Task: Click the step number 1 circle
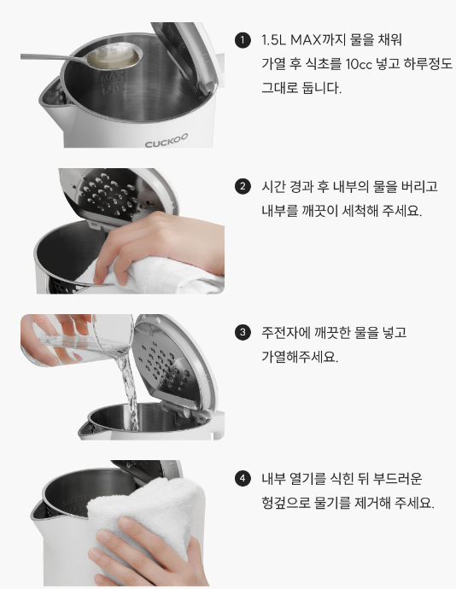pyautogui.click(x=243, y=40)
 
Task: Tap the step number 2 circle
pyautogui.click(x=243, y=186)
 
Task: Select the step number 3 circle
pyautogui.click(x=243, y=332)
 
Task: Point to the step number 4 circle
pyautogui.click(x=243, y=479)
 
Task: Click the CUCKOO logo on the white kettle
pyautogui.click(x=167, y=141)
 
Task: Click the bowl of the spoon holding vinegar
pyautogui.click(x=114, y=56)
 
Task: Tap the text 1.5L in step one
pyautogui.click(x=273, y=40)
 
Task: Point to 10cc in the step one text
pyautogui.click(x=359, y=64)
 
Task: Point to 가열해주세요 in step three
pyautogui.click(x=300, y=357)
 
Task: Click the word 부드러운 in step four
pyautogui.click(x=397, y=479)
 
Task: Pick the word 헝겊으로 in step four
pyautogui.click(x=286, y=503)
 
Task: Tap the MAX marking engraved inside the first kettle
pyautogui.click(x=112, y=79)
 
